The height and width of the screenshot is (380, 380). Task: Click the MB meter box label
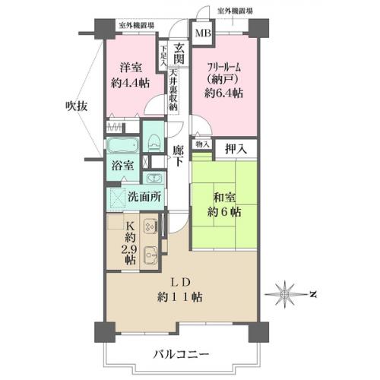click(203, 33)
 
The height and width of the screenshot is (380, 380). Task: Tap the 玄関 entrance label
click(179, 54)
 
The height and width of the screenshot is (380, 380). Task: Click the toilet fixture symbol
click(154, 143)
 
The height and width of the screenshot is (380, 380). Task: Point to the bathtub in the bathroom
click(122, 145)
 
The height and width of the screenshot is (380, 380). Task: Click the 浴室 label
click(123, 166)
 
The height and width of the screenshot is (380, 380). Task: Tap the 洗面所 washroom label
click(144, 197)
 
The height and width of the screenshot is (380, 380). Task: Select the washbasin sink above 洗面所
click(154, 178)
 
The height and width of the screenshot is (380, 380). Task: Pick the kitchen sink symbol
click(150, 254)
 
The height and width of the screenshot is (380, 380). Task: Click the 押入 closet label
click(236, 150)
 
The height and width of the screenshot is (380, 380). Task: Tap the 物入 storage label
click(202, 145)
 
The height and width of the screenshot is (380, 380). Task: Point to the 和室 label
click(224, 198)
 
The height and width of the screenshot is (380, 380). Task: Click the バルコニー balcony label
click(182, 354)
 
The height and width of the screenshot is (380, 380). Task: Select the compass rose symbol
click(285, 294)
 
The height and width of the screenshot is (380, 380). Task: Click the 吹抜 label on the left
click(77, 106)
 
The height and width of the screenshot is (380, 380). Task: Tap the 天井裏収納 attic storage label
click(173, 90)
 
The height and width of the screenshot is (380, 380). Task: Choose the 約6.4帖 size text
click(223, 93)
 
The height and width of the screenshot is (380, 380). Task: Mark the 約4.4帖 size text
click(130, 83)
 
